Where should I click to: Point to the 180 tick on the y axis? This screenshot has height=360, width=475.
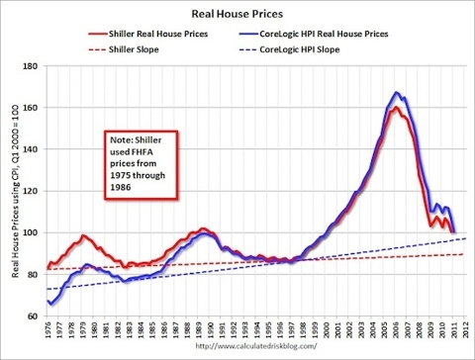[34, 66]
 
